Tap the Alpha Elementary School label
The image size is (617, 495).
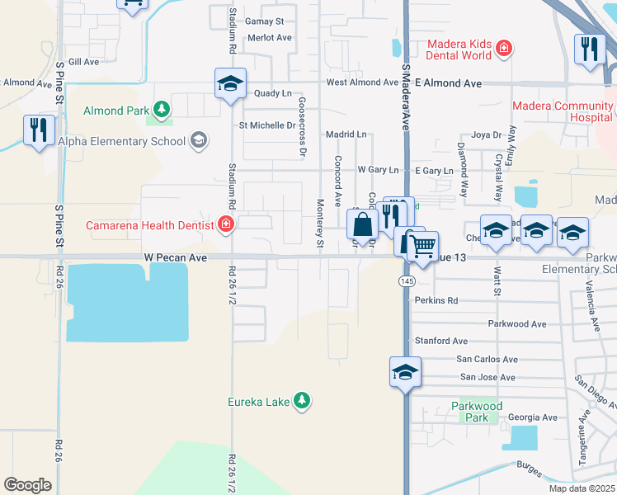122,141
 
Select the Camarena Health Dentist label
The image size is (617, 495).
153,224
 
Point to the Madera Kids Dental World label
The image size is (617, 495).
459,50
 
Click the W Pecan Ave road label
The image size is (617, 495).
177,257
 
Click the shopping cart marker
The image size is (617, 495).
422,246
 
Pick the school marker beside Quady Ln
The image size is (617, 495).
231,83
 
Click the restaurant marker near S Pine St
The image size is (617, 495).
39,130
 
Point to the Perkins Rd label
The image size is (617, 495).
436,301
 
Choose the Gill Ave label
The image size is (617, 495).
83,62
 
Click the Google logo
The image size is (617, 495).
27,485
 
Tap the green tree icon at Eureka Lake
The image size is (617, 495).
303,401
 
